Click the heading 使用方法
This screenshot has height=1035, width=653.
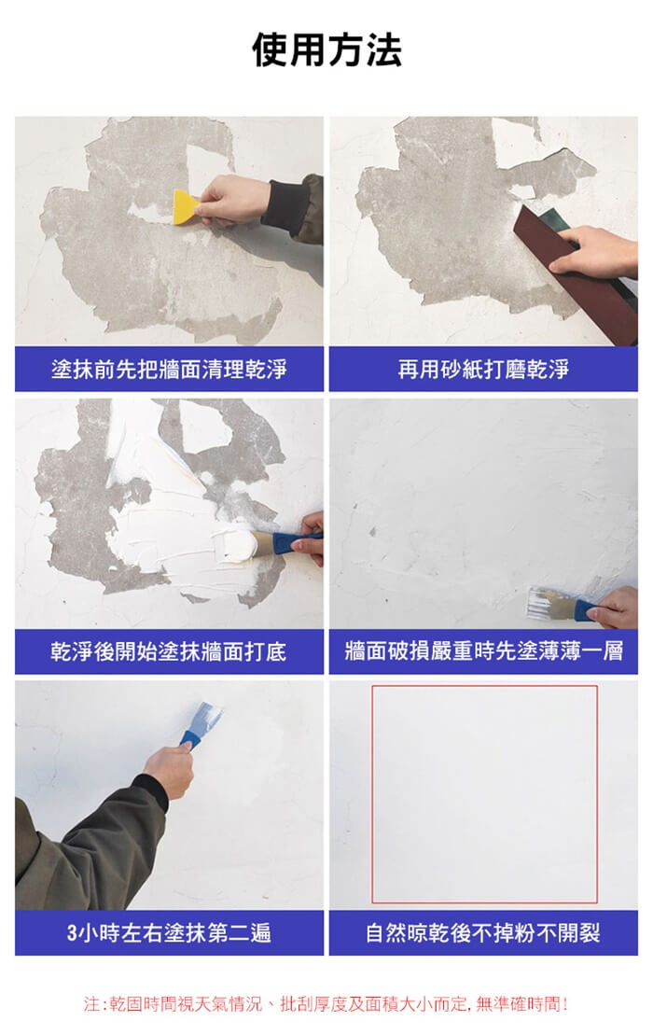pyautogui.click(x=326, y=49)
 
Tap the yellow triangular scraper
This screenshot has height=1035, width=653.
pyautogui.click(x=185, y=208)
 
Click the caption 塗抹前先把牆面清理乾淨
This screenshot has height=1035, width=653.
pyautogui.click(x=169, y=369)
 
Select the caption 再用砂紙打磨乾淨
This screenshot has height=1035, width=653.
pyautogui.click(x=483, y=369)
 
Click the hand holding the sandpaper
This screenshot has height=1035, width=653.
pyautogui.click(x=593, y=252)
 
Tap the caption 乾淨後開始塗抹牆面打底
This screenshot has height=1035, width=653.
pyautogui.click(x=169, y=651)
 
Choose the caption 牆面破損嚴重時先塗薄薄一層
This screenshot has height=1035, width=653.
pyautogui.click(x=483, y=651)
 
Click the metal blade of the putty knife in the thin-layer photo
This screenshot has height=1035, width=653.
pyautogui.click(x=549, y=602)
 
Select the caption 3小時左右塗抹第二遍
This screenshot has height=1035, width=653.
pyautogui.click(x=169, y=932)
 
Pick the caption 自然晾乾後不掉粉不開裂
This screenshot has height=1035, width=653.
pyautogui.click(x=483, y=932)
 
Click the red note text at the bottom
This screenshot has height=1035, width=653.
pyautogui.click(x=326, y=1004)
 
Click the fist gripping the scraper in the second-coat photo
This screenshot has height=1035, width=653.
pyautogui.click(x=169, y=768)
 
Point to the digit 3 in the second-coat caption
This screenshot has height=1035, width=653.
pyautogui.click(x=71, y=933)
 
